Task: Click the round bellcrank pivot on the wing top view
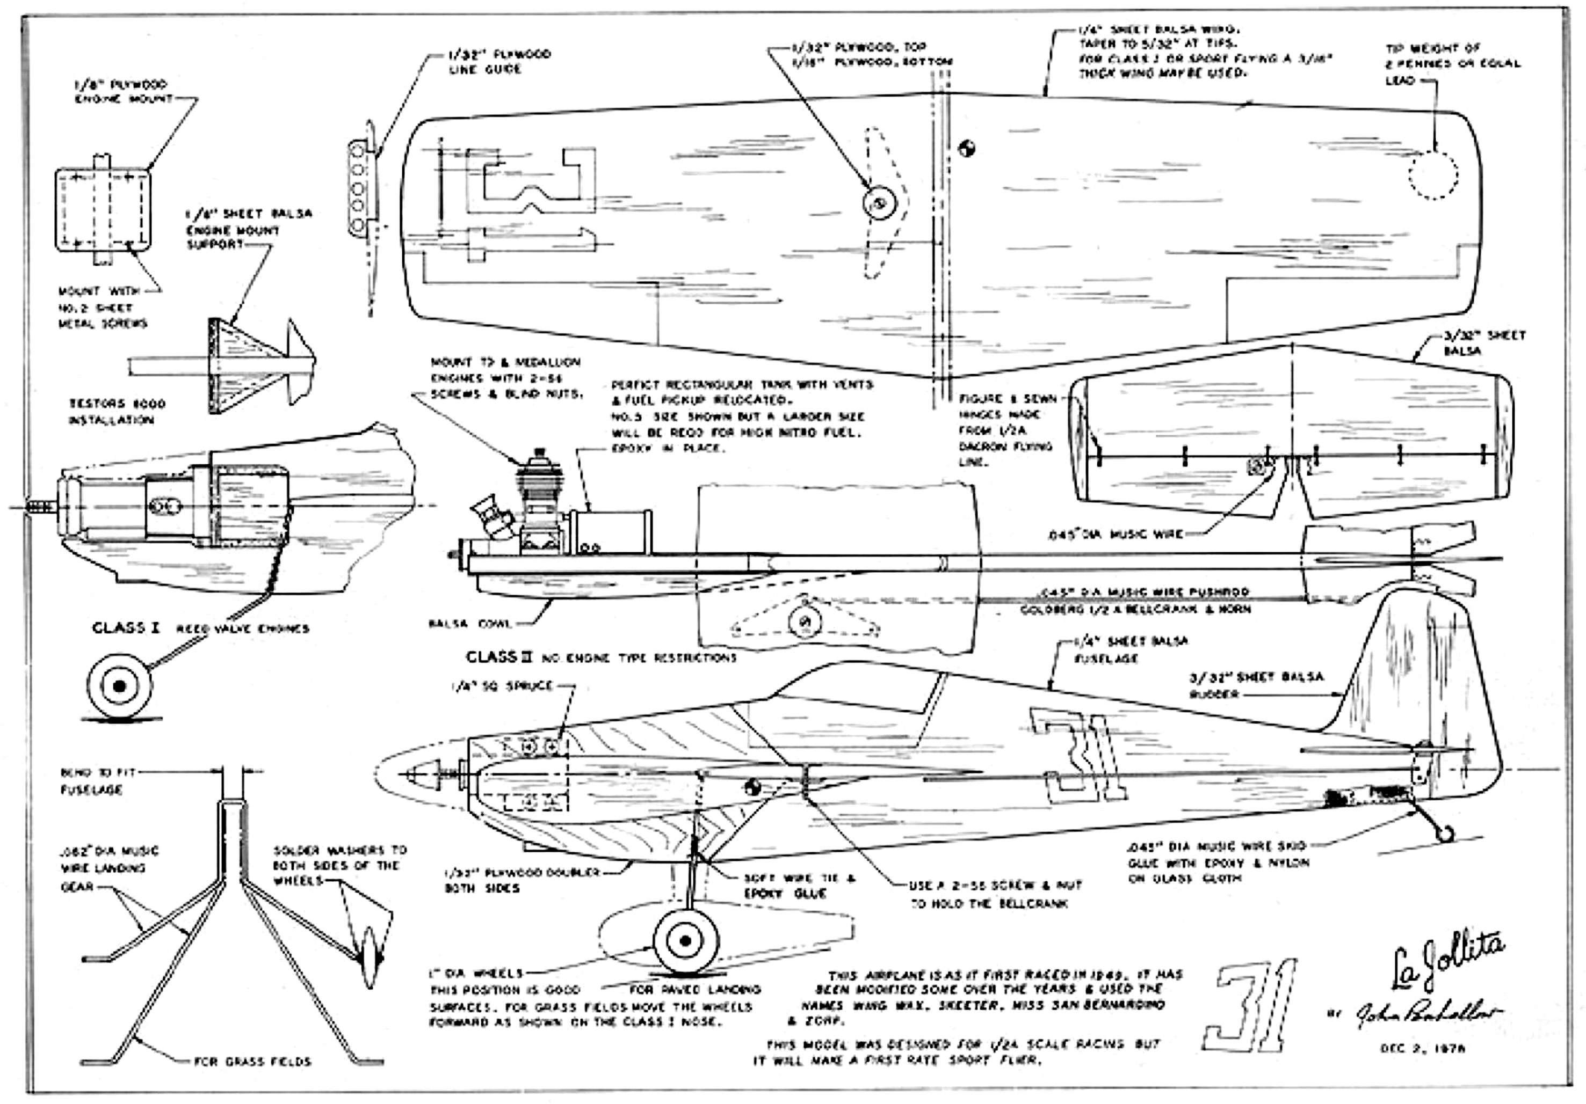[x=879, y=203]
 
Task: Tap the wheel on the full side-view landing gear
[x=685, y=941]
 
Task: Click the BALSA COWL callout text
[x=470, y=624]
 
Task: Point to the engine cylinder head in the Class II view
[x=536, y=460]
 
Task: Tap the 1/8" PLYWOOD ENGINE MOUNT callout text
[x=123, y=92]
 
